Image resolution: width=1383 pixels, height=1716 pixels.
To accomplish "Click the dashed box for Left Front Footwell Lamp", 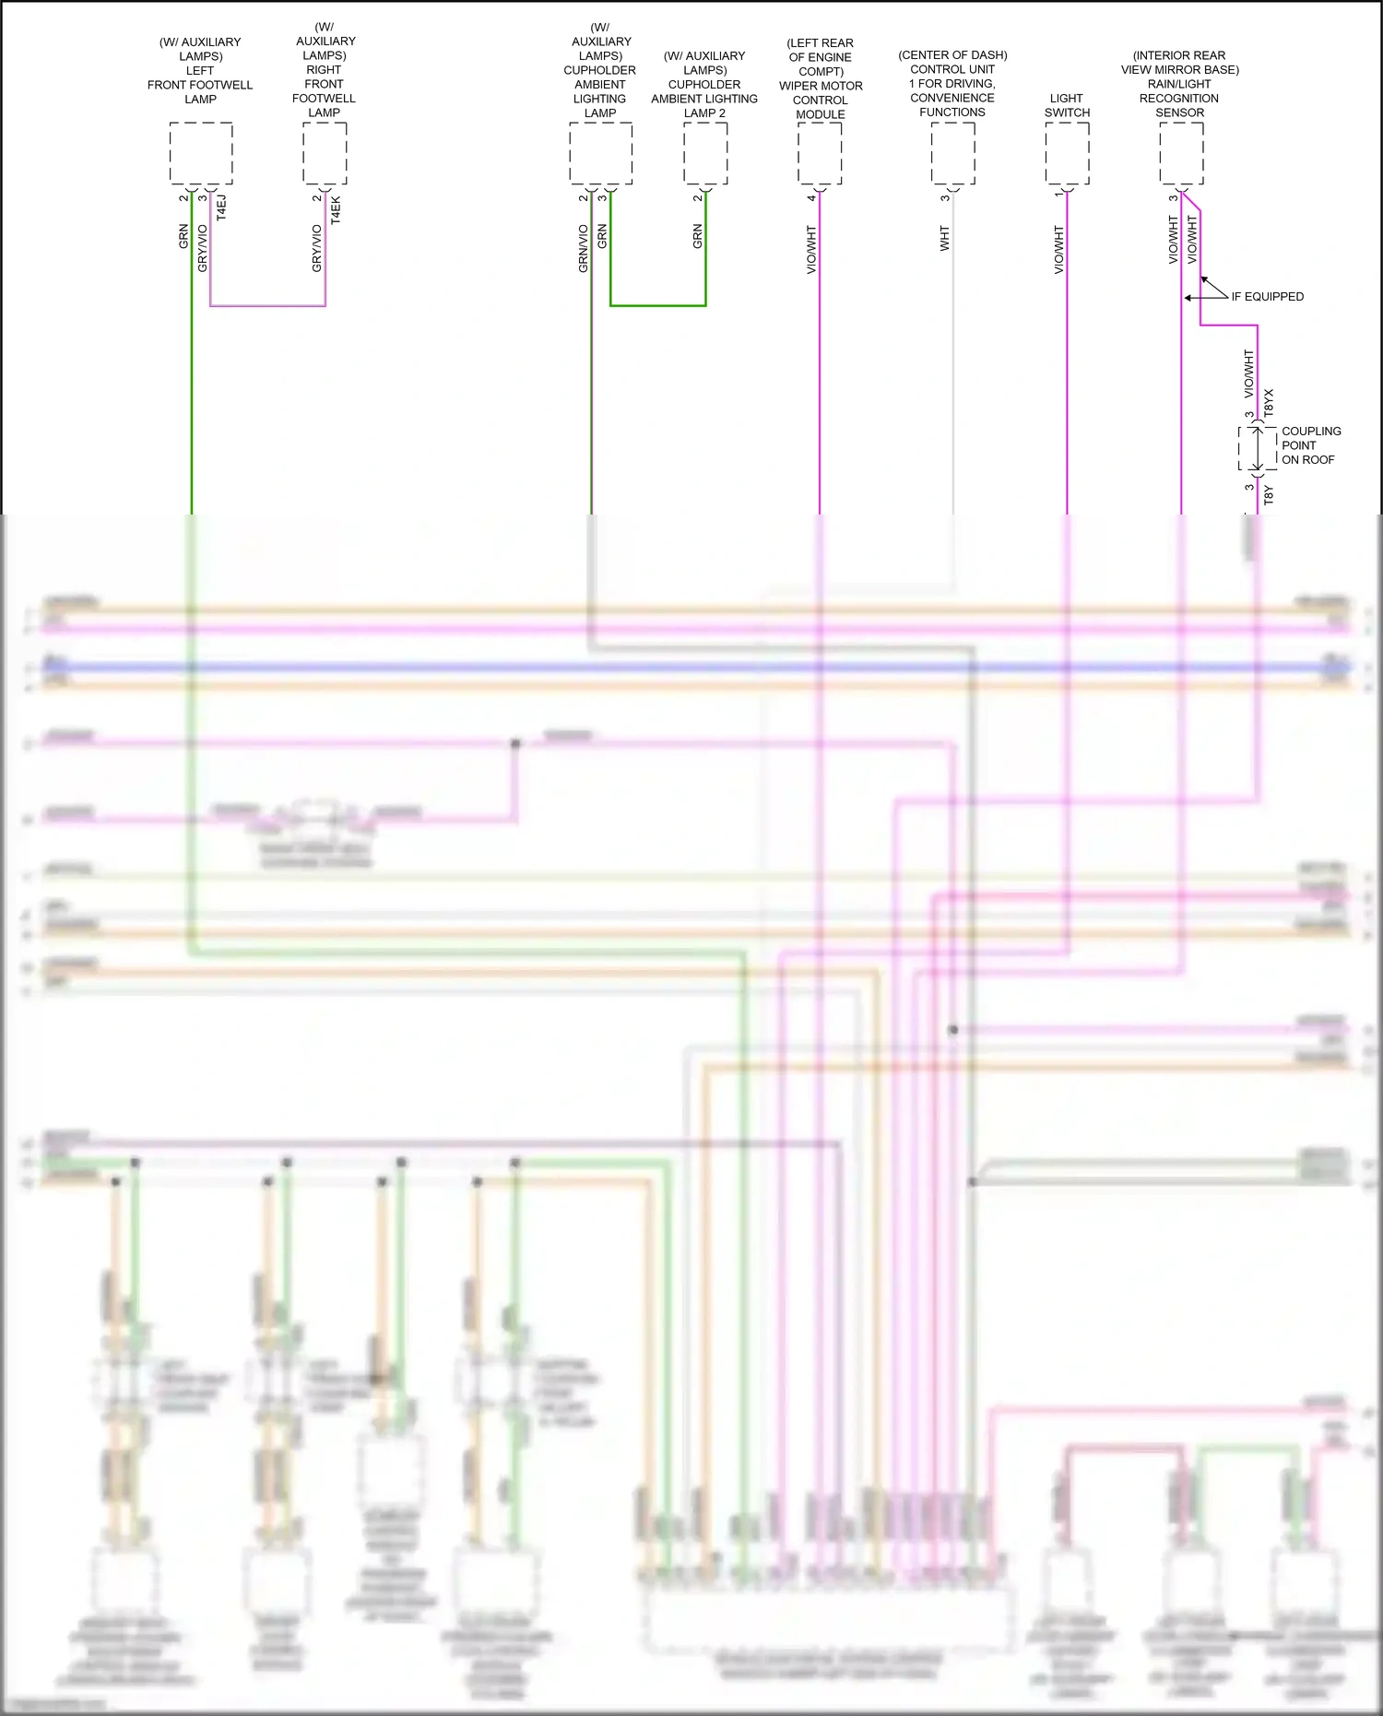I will coord(201,153).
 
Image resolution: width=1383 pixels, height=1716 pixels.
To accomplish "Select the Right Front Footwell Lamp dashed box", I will coord(325,153).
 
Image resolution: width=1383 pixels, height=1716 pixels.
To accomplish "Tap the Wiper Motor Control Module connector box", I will coord(820,153).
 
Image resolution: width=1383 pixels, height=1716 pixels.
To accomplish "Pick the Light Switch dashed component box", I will coord(1067,153).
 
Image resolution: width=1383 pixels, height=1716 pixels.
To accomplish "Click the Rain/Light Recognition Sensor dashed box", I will coord(1181,153).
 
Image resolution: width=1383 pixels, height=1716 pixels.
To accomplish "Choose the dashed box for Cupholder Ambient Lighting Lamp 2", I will coord(705,153).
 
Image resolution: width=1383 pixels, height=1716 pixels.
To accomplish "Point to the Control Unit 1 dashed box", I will coord(952,153).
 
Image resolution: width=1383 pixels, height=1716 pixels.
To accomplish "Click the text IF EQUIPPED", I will coord(1267,297).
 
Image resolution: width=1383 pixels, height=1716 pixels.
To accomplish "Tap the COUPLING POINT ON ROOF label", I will coord(1310,445).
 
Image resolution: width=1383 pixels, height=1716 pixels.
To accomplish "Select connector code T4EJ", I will coord(221,207).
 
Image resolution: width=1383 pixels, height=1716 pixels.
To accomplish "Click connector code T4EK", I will coord(336,209).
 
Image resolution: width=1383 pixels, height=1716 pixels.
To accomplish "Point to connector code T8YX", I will coord(1269,402).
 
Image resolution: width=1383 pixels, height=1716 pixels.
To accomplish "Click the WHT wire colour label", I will coord(944,239).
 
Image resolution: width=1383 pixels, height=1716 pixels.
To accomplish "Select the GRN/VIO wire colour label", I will coord(583,248).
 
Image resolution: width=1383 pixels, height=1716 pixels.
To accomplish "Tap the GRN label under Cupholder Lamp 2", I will coord(697,236).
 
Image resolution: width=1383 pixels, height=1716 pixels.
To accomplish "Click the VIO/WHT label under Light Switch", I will coord(1058,250).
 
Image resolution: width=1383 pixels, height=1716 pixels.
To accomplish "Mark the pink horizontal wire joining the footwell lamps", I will coord(267,305).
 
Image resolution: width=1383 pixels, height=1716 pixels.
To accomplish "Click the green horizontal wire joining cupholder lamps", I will coord(657,305).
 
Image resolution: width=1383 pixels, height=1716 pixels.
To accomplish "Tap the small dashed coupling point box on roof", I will coord(1257,447).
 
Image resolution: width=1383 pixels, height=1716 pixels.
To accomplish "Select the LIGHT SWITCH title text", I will coord(1067,105).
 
